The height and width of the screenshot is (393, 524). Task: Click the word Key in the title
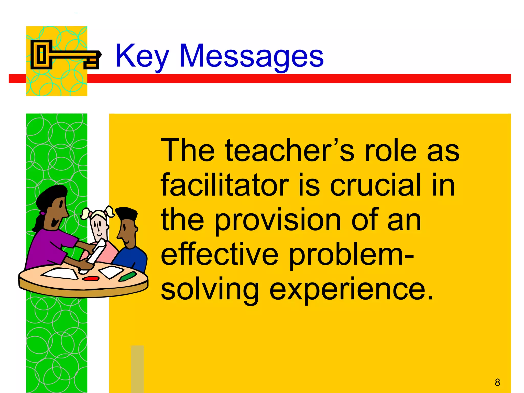[142, 56]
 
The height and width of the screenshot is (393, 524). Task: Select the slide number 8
[497, 382]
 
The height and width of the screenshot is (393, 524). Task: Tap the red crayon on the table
[91, 278]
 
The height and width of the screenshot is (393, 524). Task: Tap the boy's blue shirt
[133, 258]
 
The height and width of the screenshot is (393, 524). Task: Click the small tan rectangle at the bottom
[137, 368]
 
